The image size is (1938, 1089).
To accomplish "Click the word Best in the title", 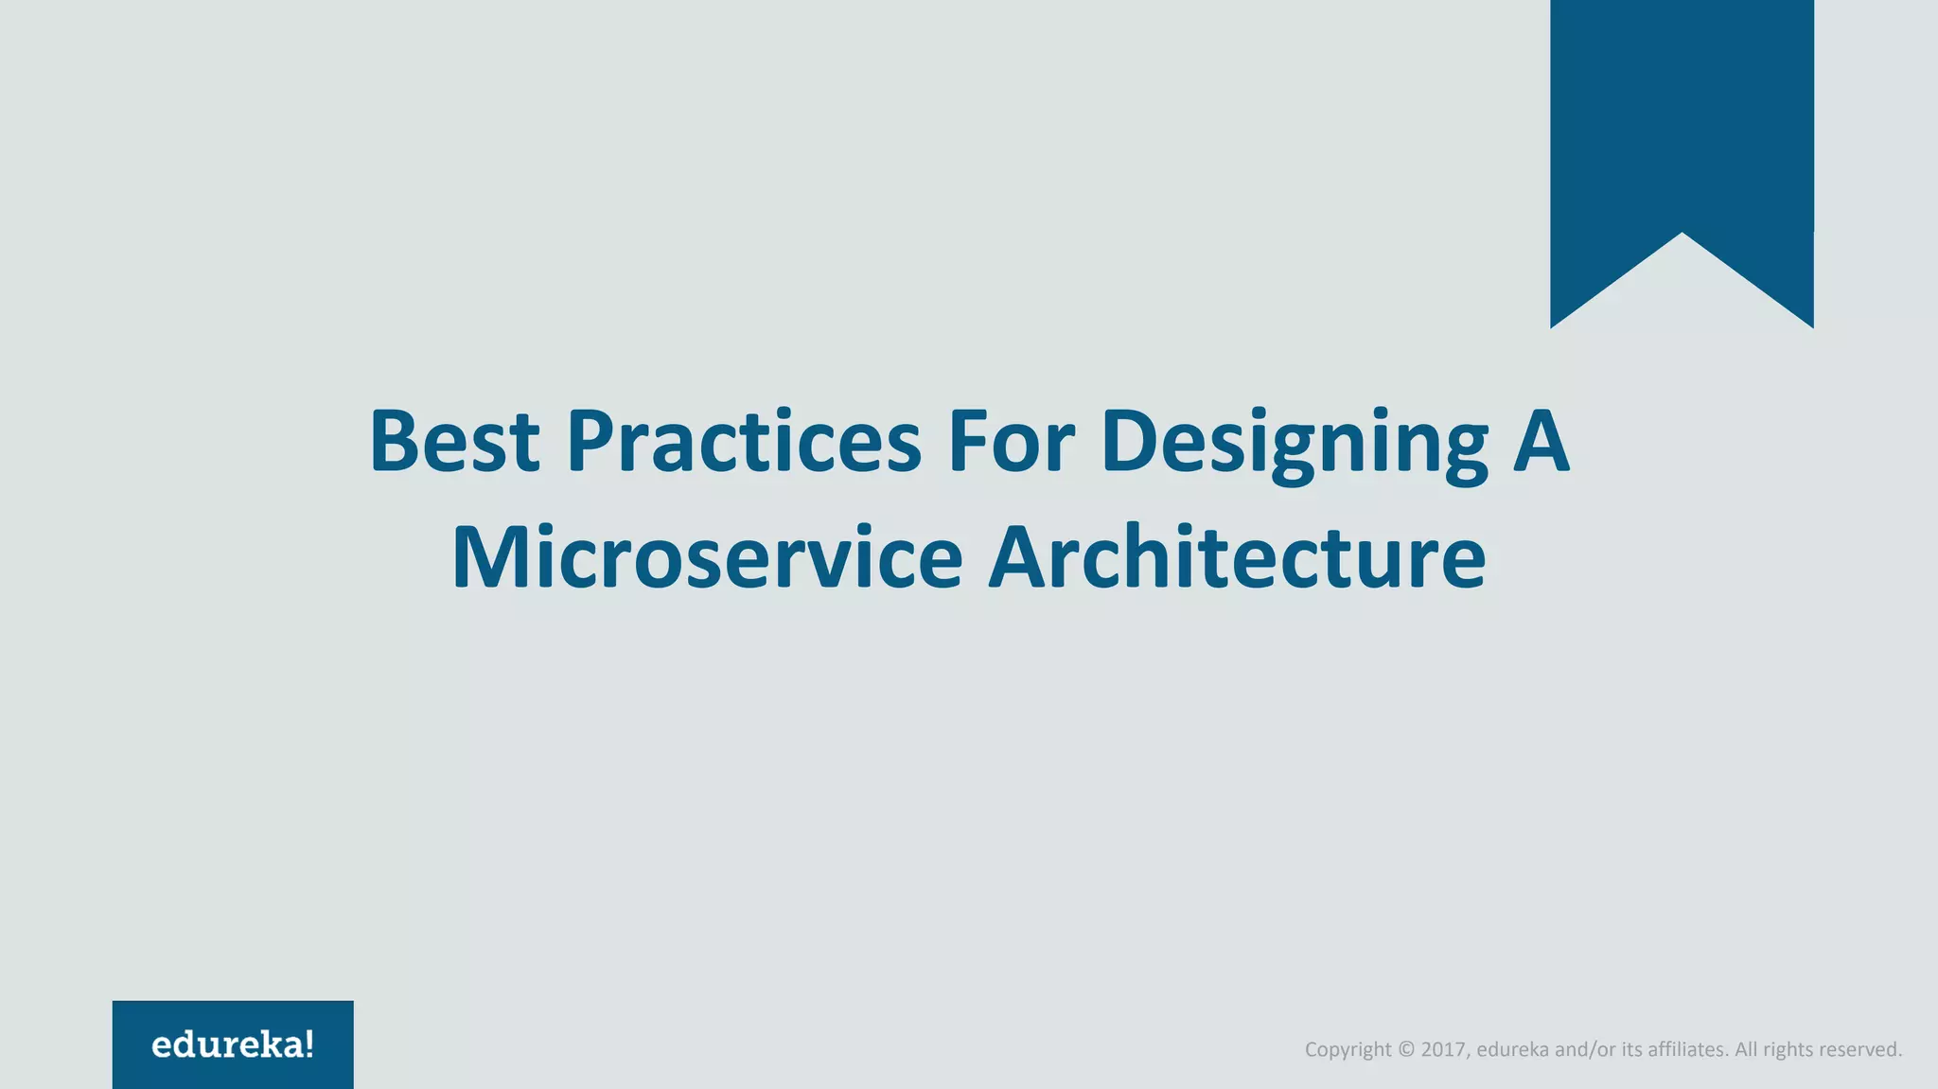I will (x=453, y=442).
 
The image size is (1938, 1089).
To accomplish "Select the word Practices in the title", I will (x=744, y=442).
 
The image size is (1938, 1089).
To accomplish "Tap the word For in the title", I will (x=1011, y=442).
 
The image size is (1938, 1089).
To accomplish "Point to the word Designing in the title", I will (x=1295, y=445).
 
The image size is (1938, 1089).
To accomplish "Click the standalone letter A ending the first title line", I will (x=1541, y=442).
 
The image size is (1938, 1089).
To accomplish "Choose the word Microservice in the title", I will (x=707, y=558).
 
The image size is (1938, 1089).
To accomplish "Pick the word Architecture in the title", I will (x=1236, y=558).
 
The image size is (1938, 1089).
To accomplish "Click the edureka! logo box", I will (x=233, y=1045).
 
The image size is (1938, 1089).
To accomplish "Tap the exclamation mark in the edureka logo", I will (x=309, y=1045).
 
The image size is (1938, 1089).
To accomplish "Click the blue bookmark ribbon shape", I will (x=1682, y=123).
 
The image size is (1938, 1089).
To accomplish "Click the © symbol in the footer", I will (x=1405, y=1049).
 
